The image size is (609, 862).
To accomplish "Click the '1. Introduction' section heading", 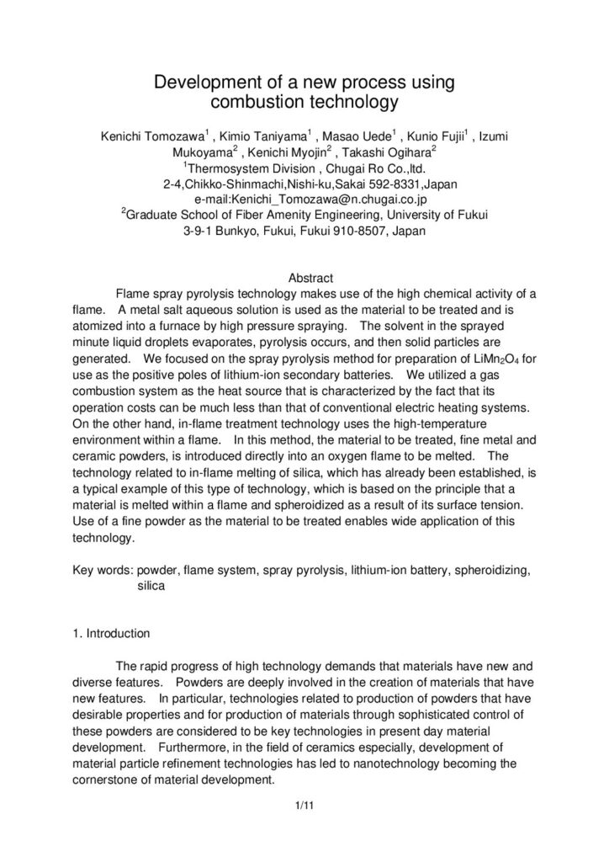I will point(112,633).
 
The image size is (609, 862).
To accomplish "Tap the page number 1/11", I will point(304,808).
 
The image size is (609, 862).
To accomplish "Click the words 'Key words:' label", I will point(103,571).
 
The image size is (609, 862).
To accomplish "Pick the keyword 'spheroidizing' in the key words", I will point(490,571).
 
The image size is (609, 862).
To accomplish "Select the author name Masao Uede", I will point(367,138).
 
